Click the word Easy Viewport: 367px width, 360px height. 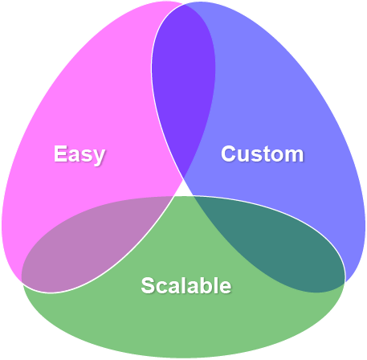[80, 153]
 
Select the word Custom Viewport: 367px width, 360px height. [262, 153]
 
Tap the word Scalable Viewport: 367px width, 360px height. [186, 285]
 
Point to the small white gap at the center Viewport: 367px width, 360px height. [184, 189]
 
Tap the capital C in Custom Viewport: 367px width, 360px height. [229, 153]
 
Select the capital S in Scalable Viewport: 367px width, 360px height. [147, 285]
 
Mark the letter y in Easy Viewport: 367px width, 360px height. [99, 156]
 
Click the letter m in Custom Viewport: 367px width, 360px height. [294, 154]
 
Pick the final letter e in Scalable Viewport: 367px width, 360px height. [226, 287]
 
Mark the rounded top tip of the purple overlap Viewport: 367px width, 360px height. [184, 6]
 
